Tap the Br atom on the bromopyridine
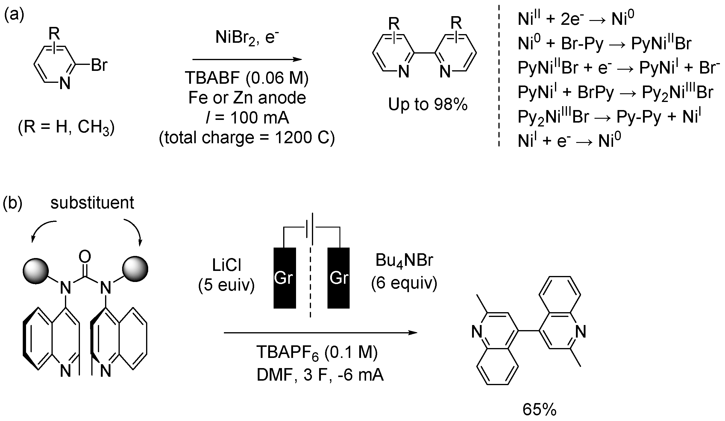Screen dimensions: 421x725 tap(99, 65)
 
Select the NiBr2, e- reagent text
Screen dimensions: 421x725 tap(247, 38)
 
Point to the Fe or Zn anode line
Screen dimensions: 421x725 tap(247, 98)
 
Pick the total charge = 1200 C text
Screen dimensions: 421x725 tap(247, 138)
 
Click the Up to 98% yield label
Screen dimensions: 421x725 tap(428, 105)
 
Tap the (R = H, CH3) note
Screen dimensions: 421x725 tap(66, 128)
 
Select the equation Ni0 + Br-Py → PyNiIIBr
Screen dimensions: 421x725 tap(604, 44)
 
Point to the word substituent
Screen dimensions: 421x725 tap(92, 203)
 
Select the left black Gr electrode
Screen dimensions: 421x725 tap(284, 277)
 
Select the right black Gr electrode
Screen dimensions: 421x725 tap(339, 277)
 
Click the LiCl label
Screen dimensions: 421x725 tap(227, 265)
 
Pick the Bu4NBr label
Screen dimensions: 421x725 tap(404, 260)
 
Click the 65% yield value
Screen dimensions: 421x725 tap(539, 410)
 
